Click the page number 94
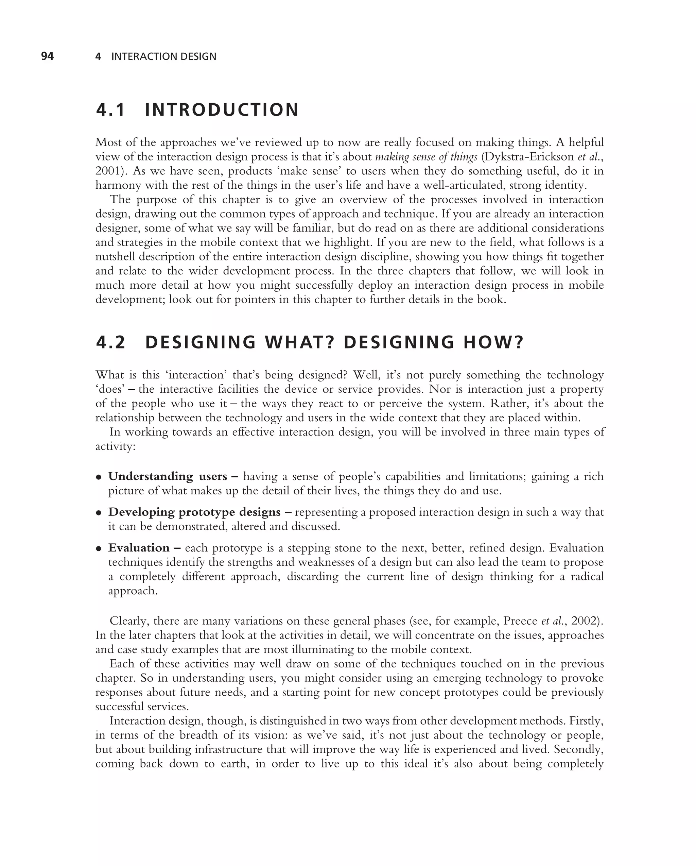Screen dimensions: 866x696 pos(47,56)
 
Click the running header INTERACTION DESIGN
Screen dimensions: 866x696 pos(163,57)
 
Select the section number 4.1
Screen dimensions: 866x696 pos(110,110)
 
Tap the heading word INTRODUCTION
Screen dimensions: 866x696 pos(222,110)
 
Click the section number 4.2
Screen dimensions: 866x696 pos(111,342)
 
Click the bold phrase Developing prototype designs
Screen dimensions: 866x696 pos(194,512)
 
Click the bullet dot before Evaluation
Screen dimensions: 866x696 pos(98,549)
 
